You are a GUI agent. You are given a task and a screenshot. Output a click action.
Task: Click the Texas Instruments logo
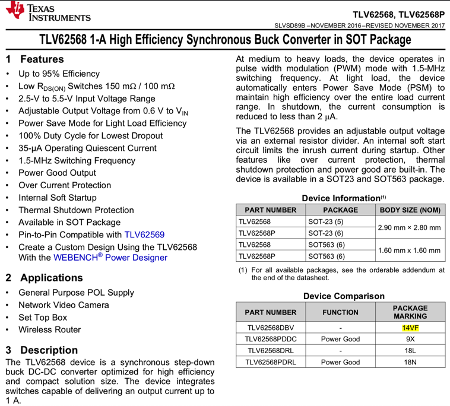click(x=47, y=12)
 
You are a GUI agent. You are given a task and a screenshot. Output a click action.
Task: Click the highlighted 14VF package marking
click(x=410, y=328)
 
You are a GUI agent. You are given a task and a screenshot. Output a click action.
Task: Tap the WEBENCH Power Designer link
click(x=110, y=258)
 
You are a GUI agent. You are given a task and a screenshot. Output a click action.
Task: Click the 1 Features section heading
click(x=34, y=59)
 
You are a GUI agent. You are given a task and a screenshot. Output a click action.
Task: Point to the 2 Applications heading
click(x=44, y=278)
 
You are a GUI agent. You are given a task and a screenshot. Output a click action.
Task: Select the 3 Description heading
click(x=42, y=350)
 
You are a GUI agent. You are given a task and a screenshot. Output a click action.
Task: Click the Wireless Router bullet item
click(x=50, y=329)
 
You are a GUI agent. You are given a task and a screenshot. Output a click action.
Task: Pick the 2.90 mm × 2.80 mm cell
click(x=410, y=227)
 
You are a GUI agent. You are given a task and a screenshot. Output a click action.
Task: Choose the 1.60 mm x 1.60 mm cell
click(x=410, y=250)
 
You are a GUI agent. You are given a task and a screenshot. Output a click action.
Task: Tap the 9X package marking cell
click(x=410, y=339)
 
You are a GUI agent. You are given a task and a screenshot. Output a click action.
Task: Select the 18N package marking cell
click(x=410, y=361)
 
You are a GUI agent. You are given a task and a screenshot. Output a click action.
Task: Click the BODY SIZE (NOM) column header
click(x=410, y=210)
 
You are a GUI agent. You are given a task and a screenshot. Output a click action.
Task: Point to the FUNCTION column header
click(x=340, y=312)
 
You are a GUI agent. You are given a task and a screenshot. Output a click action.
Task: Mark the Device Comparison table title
click(x=344, y=296)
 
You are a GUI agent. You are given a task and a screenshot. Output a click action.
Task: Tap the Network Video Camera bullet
click(x=64, y=305)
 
